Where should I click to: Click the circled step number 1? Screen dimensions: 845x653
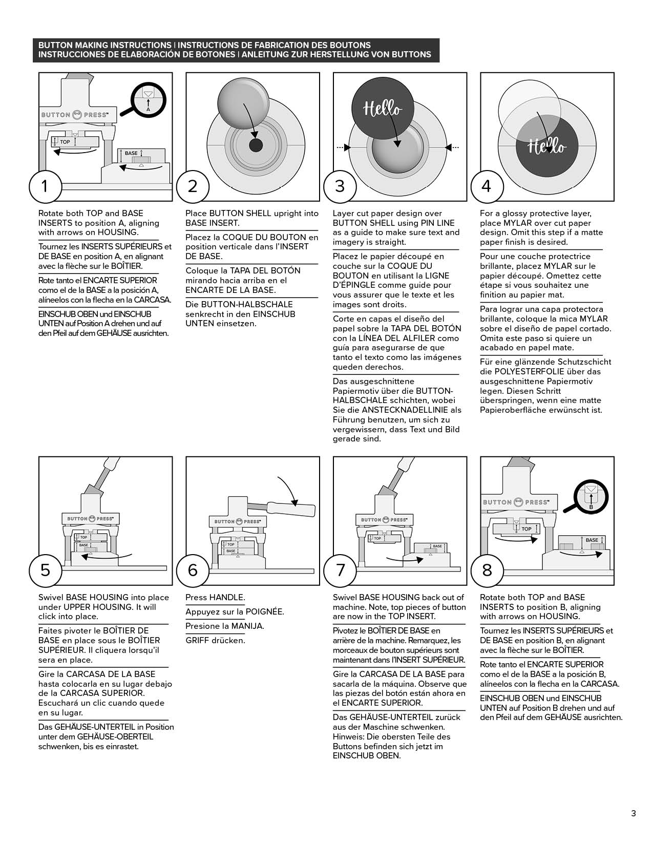coord(45,185)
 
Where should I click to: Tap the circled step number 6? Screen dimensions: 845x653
coord(193,569)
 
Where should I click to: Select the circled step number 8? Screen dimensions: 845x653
coord(487,569)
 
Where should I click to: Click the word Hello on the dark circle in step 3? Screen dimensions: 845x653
coord(383,108)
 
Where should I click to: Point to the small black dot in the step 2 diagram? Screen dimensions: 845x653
coord(255,145)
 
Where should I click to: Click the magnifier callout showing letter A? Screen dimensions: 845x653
coord(148,99)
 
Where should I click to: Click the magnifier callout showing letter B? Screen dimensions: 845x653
coord(591,497)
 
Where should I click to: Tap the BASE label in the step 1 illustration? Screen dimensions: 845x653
coord(131,153)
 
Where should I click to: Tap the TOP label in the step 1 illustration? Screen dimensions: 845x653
coord(65,141)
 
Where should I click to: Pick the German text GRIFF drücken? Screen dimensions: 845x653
coord(215,640)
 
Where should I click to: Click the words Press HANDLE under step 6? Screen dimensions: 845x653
coord(215,597)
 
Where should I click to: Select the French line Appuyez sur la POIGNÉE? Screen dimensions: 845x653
coord(235,611)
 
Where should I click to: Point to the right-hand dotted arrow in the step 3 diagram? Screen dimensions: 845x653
coord(452,147)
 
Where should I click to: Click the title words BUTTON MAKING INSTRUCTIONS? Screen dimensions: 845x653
coord(105,45)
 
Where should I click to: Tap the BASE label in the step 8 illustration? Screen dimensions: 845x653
coord(592,540)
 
